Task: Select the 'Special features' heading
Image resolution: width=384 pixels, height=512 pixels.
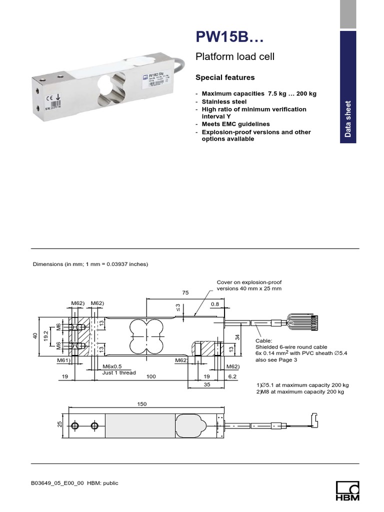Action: pyautogui.click(x=224, y=77)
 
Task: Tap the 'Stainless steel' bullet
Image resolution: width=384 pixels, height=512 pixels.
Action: pyautogui.click(x=224, y=101)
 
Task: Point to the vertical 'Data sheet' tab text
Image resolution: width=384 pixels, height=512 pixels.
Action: pyautogui.click(x=348, y=119)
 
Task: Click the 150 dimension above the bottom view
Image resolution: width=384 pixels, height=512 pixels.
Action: pyautogui.click(x=142, y=403)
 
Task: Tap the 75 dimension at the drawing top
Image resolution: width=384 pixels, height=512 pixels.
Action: pyautogui.click(x=185, y=293)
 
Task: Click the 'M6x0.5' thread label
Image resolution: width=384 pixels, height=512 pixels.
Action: pyautogui.click(x=112, y=366)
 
